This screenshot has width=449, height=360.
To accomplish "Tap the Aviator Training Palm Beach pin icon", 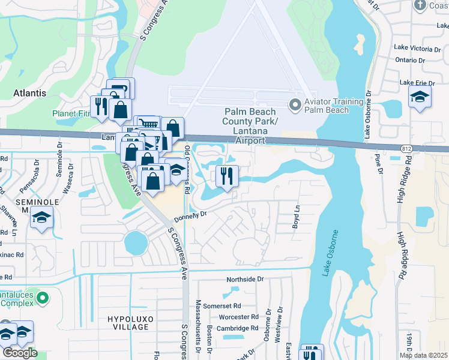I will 295,105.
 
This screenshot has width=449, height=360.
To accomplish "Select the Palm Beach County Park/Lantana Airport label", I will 251,126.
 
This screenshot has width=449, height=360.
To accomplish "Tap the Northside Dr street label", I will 244,280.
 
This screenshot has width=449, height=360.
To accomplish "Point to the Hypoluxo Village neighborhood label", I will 129,322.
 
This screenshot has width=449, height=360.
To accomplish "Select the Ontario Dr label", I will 411,60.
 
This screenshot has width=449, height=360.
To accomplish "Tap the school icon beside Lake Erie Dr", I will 420,96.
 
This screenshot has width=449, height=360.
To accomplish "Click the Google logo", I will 20,353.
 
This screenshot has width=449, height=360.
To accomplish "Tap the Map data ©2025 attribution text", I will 423,355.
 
